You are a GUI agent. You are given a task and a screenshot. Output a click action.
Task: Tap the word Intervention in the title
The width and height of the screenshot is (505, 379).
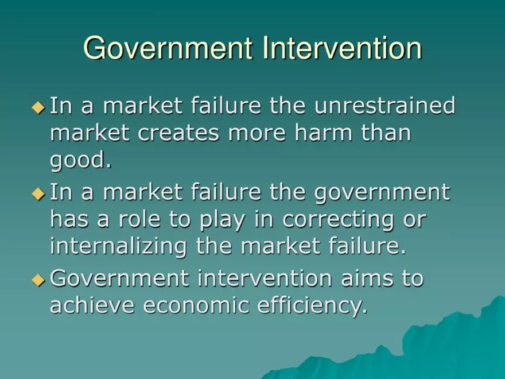point(343,48)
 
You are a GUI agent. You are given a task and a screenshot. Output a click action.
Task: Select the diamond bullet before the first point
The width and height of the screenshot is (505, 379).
point(38,107)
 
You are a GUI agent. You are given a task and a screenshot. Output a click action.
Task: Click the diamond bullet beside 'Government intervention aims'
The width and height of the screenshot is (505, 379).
point(38,280)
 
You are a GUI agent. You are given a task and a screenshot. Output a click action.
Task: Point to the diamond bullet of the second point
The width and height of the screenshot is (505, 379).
point(38,194)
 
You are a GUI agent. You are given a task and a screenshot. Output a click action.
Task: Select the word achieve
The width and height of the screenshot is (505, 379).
point(92,305)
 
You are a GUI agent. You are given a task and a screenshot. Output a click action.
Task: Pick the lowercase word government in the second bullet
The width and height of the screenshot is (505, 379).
point(383,193)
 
